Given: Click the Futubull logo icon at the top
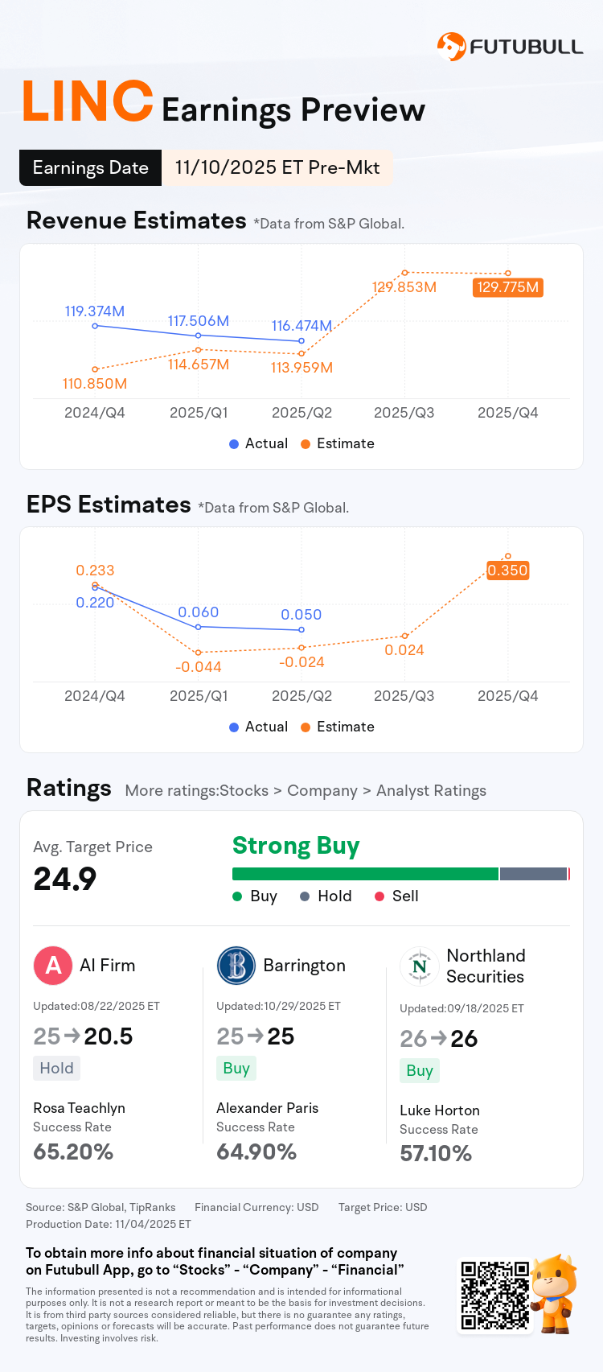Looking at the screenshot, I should point(451,47).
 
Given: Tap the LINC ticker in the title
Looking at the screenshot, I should point(88,103).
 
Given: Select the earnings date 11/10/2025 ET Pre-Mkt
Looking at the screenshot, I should point(277,167).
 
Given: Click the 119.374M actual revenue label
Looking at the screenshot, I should point(95,311).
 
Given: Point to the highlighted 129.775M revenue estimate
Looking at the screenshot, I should point(508,287).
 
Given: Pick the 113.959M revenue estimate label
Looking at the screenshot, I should point(301,368).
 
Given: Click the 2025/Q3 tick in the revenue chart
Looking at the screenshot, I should point(404,413).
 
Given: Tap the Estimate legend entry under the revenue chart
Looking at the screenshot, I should point(338,443).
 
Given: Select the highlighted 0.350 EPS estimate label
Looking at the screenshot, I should point(508,571).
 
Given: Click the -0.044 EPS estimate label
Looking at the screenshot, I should point(199,667).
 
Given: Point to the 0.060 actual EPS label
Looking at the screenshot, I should point(199,612).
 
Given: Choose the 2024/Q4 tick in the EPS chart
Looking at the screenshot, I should point(95,696).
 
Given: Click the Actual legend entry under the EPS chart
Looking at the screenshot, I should point(258,727).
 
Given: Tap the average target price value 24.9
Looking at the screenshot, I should point(65,879).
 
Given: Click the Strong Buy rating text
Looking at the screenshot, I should point(296,846).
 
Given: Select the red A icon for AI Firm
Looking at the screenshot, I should point(53,965).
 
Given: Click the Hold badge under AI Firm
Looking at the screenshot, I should point(56,1068).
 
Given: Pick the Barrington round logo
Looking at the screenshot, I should point(236,965).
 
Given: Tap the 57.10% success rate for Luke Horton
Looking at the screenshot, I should point(436,1154).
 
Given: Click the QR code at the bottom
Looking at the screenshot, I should point(494,1295).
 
